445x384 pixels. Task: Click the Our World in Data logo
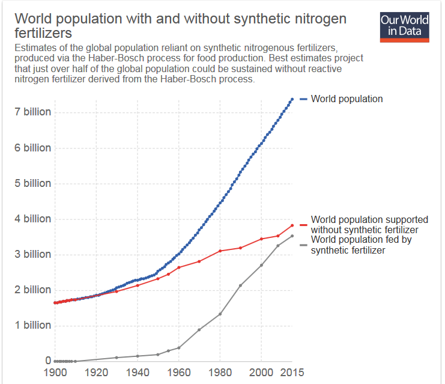coord(405,26)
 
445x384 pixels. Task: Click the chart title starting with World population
coord(180,25)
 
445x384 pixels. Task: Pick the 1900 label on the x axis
coord(55,373)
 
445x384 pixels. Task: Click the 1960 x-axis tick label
coord(178,373)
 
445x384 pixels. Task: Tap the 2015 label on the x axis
coord(292,373)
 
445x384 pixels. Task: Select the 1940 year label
coord(137,373)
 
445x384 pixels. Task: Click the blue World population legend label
coord(347,99)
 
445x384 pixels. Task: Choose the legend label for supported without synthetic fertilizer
coord(369,225)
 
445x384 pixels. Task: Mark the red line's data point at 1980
coord(220,251)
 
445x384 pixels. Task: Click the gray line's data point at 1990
coord(240,285)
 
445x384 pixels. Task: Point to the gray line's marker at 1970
coord(199,329)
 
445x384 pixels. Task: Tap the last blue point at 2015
coord(292,99)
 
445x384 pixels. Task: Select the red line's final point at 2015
coord(292,225)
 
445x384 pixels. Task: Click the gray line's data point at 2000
coord(261,265)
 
